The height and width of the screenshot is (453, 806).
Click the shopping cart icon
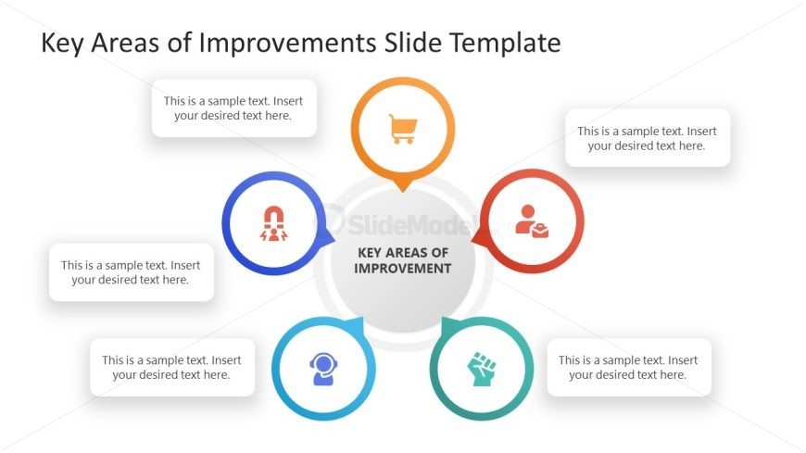402,129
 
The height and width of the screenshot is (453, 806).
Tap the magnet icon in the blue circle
275,222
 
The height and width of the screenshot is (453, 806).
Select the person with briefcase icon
532,221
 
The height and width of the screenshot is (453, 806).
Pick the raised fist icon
481,369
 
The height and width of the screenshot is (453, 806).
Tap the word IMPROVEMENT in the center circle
403,269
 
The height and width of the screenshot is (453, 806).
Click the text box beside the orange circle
233,108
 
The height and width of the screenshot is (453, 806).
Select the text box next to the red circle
647,138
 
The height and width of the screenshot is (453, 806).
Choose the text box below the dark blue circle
131,271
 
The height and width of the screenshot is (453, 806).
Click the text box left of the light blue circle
171,368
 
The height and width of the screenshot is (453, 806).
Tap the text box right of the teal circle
627,368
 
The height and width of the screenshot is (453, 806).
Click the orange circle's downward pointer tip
402,189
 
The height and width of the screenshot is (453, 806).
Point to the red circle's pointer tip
474,242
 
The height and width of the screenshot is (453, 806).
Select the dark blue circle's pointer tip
332,242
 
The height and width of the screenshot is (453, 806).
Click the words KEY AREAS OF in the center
403,252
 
